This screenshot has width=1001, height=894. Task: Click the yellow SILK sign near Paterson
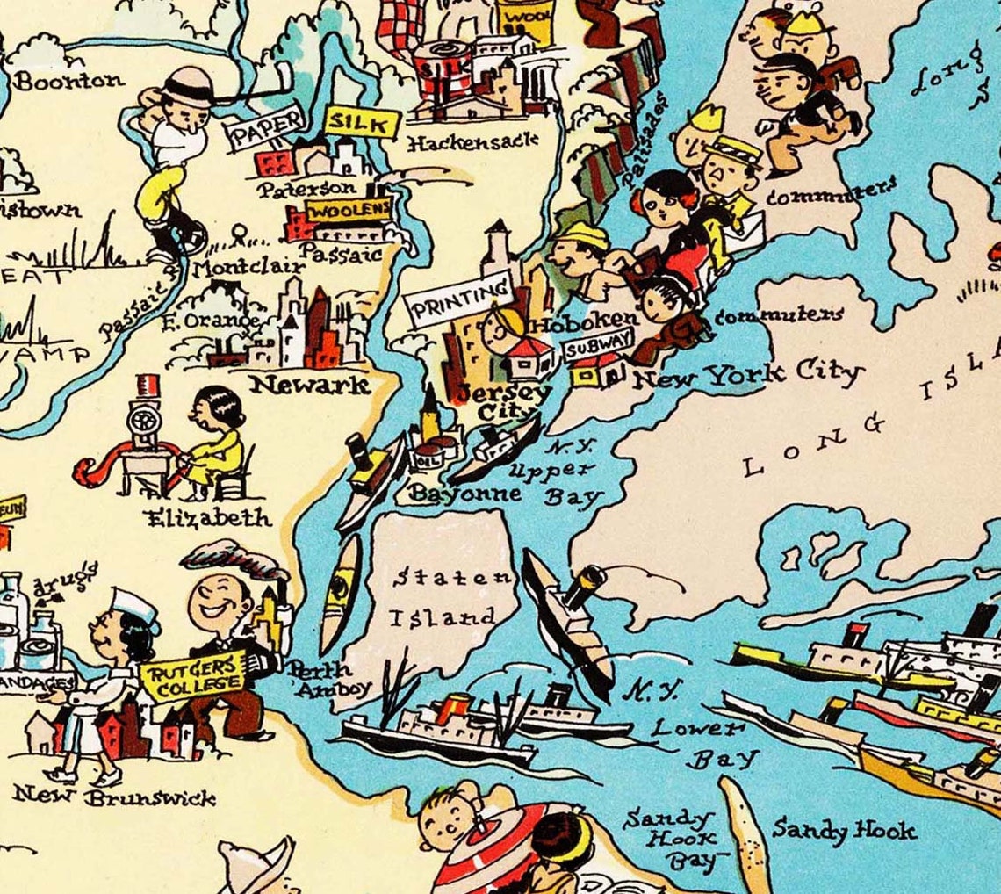coord(362,124)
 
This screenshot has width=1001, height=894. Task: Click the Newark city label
coord(310,384)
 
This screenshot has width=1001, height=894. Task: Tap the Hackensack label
coord(473,141)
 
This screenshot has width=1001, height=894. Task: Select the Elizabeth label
coord(209,518)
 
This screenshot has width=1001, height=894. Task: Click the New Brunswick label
coord(114,797)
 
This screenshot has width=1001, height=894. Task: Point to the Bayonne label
coord(465,494)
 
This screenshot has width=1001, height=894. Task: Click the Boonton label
coord(70,81)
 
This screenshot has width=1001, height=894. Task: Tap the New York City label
coord(746,376)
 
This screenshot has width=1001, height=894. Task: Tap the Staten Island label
coord(449,597)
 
